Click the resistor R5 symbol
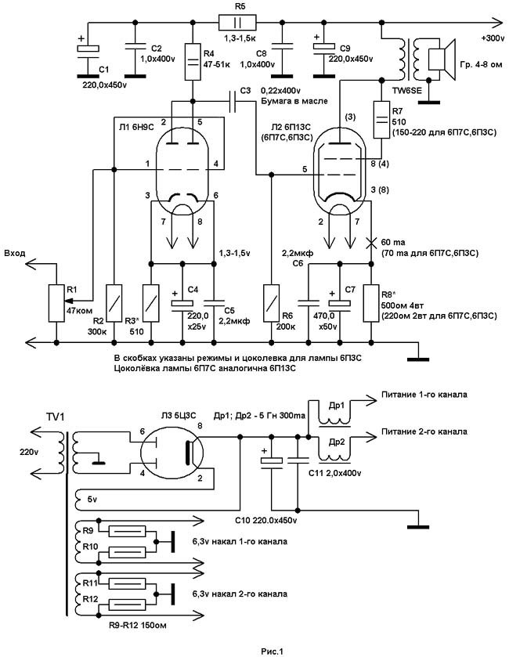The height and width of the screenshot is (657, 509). pos(237,22)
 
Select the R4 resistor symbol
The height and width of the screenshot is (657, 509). pos(193,62)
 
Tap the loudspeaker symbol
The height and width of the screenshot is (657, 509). pos(441,59)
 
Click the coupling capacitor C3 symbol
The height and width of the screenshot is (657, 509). pos(233,101)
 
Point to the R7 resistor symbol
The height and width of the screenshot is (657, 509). pos(381,119)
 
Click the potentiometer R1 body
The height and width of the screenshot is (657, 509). pos(56,303)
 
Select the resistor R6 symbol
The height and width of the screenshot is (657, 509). pos(271,303)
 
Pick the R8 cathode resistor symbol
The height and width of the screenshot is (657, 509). pos(370,303)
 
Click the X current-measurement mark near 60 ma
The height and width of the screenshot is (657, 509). pos(370,243)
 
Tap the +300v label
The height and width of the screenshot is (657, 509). pos(493,38)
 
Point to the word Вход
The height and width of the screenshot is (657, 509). pos(15,254)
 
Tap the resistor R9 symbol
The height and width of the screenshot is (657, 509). pos(127,531)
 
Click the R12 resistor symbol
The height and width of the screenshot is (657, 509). pos(127,605)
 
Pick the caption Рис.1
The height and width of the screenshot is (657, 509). pos(273,652)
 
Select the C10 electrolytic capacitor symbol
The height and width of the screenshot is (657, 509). pos(272,461)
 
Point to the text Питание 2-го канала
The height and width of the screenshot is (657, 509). pos(424,431)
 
